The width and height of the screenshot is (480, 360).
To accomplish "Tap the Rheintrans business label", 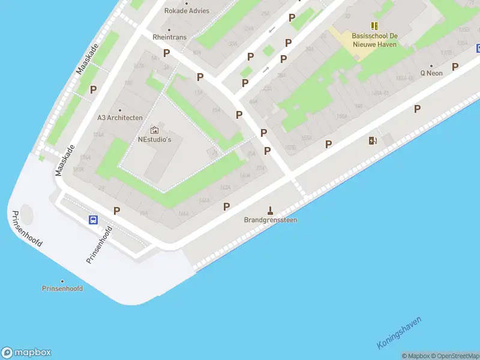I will click(x=169, y=37).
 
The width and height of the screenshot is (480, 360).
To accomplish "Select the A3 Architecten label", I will click(x=120, y=118).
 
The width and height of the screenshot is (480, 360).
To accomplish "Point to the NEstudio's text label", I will click(x=155, y=140).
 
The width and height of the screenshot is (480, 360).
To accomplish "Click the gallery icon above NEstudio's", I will click(x=155, y=130).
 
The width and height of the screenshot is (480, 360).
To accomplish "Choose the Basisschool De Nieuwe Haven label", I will click(x=374, y=40).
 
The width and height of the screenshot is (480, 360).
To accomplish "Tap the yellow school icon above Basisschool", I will click(x=374, y=26).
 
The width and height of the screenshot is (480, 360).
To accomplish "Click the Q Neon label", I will click(x=431, y=73).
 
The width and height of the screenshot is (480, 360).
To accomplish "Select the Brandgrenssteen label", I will click(x=271, y=220).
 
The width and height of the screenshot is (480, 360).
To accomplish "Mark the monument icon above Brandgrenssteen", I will click(x=271, y=210).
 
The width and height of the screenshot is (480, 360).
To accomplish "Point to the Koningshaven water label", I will click(x=400, y=333).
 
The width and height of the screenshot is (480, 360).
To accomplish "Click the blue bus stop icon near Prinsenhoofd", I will click(x=94, y=220).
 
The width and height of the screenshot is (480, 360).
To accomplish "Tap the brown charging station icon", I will click(x=373, y=141).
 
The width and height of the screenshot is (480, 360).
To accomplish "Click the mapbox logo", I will click(x=26, y=353).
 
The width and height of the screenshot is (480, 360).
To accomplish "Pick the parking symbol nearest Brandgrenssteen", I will click(x=227, y=207).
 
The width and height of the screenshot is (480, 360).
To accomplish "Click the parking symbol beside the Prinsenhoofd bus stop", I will click(x=117, y=211).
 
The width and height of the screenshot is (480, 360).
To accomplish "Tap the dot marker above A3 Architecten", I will click(x=120, y=110).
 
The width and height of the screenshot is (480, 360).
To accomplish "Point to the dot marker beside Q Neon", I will click(x=431, y=65).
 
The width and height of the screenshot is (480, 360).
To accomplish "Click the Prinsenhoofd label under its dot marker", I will click(x=62, y=289).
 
